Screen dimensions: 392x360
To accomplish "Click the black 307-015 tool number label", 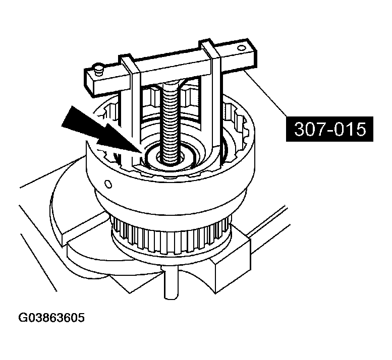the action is coord(329,129).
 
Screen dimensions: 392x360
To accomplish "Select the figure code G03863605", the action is coord(51,318).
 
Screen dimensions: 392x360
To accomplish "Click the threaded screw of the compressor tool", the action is coord(171,124).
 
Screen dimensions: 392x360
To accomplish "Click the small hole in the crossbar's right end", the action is coord(242,47).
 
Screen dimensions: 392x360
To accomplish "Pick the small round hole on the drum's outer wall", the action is coord(108,185).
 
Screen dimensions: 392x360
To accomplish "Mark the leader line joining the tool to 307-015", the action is coord(266,94).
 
